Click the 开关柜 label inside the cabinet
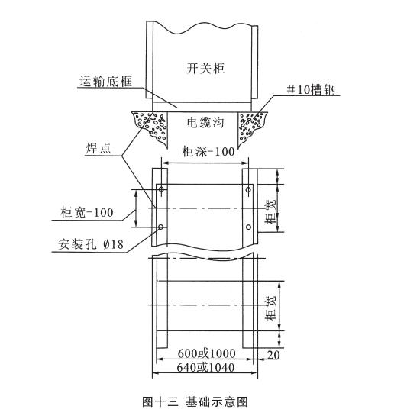205,68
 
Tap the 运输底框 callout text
105,82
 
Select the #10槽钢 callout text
311,90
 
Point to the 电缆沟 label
205,122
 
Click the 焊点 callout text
99,148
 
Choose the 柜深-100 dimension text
208,151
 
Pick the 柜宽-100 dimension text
87,212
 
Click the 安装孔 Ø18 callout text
91,244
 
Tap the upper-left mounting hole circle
161,189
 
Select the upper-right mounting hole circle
248,190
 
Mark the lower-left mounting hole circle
160,227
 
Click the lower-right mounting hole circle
248,227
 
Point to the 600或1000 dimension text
207,353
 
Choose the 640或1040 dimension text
205,367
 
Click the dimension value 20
273,355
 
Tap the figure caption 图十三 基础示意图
195,402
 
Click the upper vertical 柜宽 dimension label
270,212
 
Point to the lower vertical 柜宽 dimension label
270,308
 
